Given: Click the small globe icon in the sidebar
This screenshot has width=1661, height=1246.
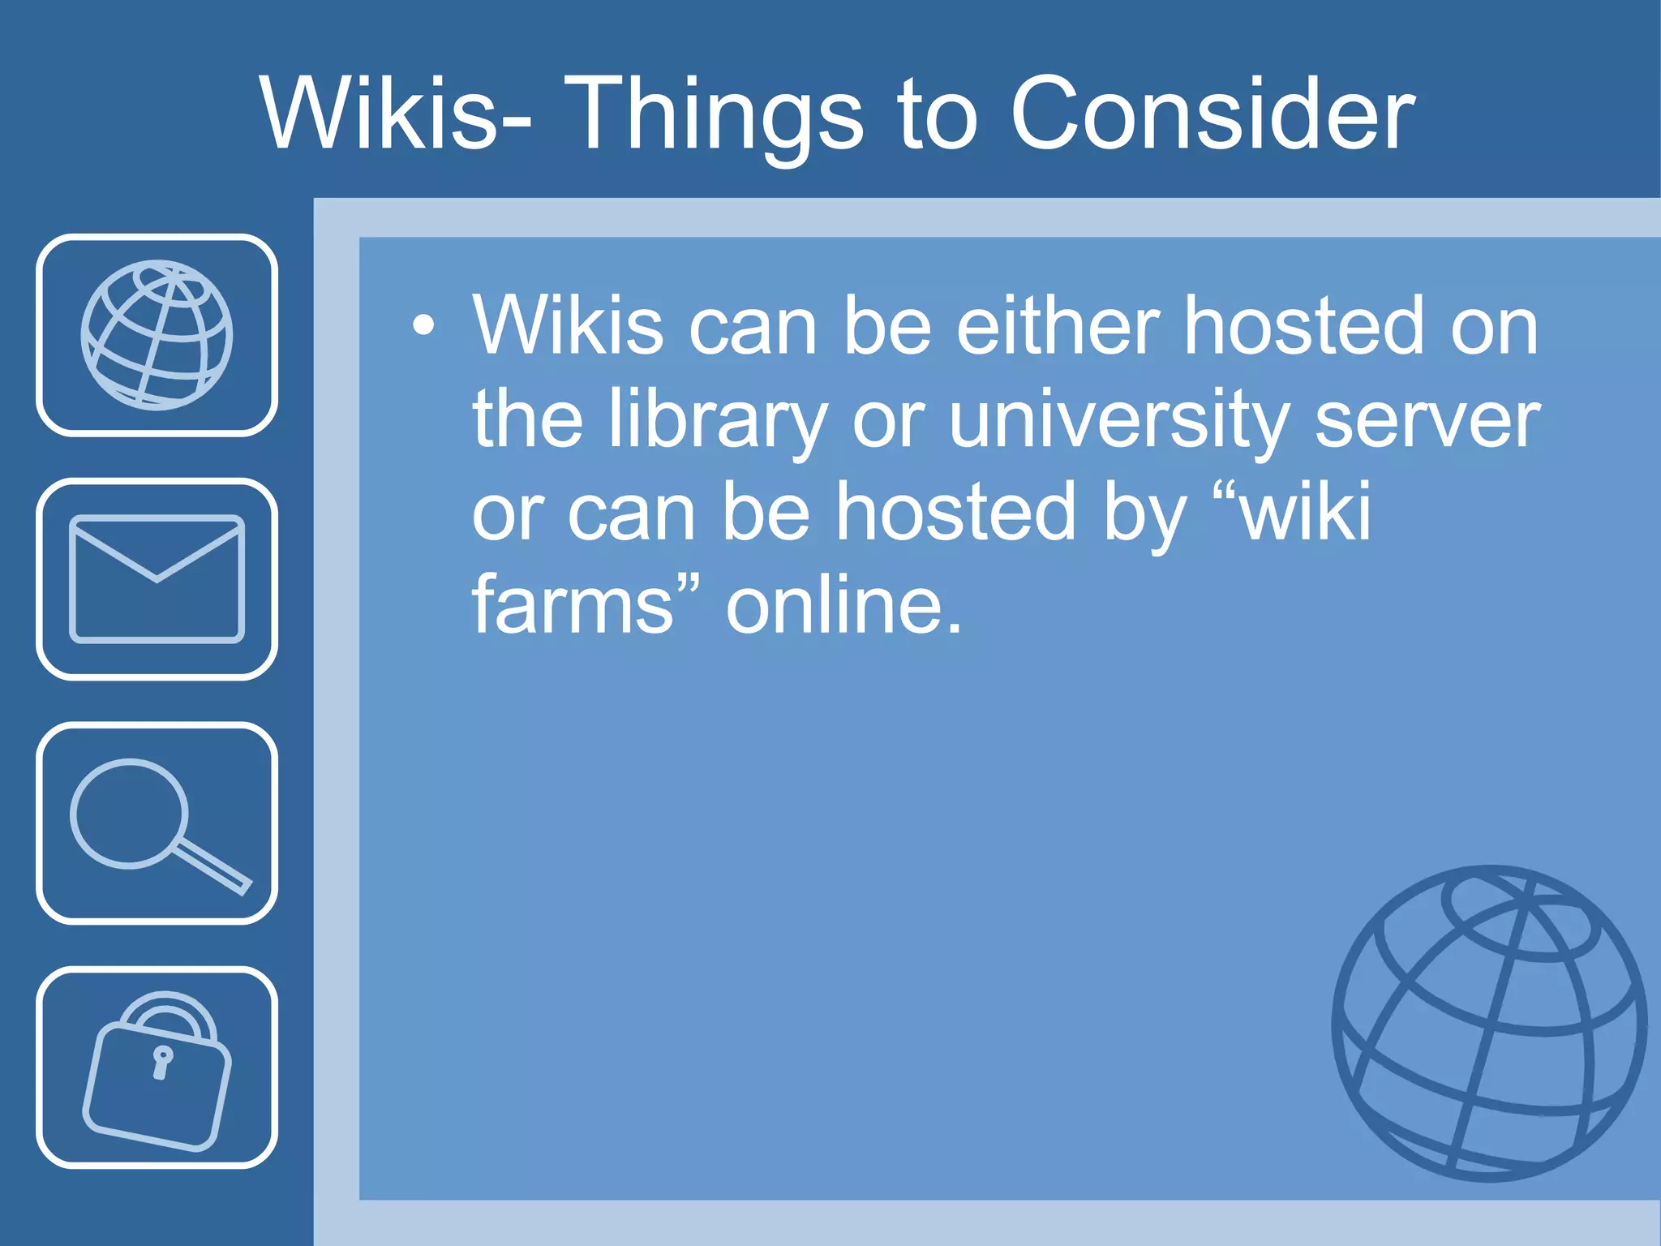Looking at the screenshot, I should click(157, 335).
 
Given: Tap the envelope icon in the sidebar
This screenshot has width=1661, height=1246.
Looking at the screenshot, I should click(157, 579).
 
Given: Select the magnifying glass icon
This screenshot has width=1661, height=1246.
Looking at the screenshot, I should click(157, 823).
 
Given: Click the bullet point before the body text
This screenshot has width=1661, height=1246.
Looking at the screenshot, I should click(423, 326).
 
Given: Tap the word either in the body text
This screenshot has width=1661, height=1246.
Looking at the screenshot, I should click(1058, 326).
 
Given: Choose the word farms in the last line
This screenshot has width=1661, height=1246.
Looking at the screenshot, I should click(573, 605).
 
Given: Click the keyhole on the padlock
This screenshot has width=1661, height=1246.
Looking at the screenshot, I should click(162, 1062).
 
